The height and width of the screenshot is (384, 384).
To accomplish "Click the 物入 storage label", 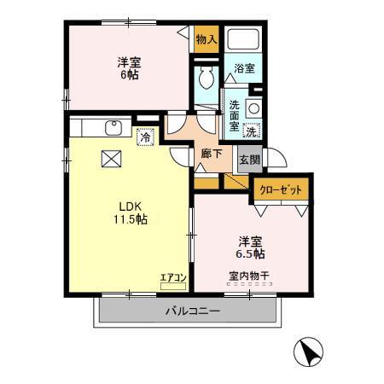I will pos(207,38).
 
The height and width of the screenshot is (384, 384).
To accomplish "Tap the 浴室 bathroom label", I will pos(244,68).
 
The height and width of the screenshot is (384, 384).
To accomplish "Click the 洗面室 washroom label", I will pos(234,116).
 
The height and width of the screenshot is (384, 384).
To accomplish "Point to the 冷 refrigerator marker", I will pos(145,136).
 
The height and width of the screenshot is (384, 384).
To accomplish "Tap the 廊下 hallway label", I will pos(212,154).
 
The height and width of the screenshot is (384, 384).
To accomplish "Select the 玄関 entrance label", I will pos(248,159).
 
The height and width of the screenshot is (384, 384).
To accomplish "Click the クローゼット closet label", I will pos(281,189).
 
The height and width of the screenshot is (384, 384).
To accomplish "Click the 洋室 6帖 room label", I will pos(130,67).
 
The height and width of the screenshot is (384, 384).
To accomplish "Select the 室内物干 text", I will pos(250,275).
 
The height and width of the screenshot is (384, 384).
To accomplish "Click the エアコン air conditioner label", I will pos(172,276).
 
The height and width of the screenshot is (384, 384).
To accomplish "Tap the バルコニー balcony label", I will pos(193,311).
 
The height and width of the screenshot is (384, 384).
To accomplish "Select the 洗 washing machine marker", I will pos(251,131).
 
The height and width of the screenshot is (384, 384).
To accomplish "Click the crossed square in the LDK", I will pos(111,159).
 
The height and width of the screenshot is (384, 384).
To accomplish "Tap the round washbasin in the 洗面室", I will pos(253,108).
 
